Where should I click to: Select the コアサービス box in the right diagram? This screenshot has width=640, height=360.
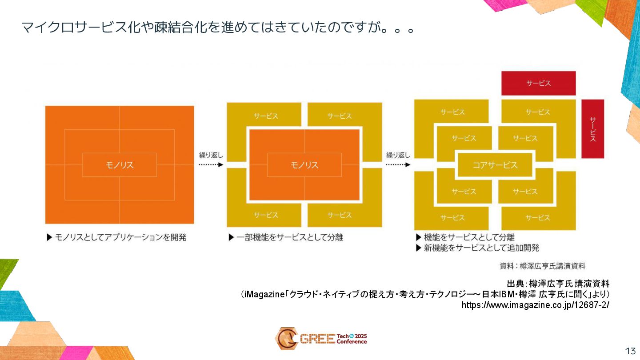click(x=495, y=165)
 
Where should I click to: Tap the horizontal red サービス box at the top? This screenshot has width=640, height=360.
click(x=538, y=83)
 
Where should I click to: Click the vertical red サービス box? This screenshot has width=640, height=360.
click(x=592, y=129)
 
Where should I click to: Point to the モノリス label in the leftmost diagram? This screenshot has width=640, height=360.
click(x=120, y=165)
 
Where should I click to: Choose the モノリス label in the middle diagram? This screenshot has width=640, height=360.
click(x=304, y=165)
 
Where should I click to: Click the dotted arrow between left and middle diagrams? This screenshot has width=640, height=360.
click(x=211, y=164)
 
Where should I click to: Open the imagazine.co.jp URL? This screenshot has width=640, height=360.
click(x=535, y=305)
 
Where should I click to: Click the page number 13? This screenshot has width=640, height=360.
click(x=630, y=351)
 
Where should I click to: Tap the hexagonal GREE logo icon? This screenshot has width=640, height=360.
click(x=286, y=338)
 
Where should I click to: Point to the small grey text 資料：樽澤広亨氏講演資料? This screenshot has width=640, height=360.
click(x=542, y=266)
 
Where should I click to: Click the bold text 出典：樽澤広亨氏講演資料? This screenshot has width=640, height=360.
click(x=558, y=284)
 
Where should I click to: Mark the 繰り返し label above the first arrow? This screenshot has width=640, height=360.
click(x=211, y=155)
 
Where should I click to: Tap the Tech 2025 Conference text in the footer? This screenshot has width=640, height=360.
click(x=352, y=339)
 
